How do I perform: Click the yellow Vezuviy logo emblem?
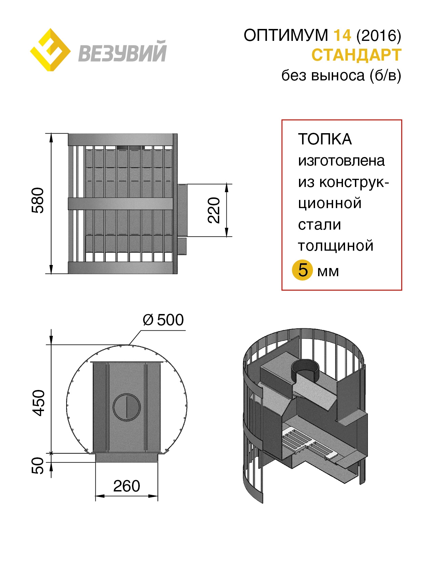click(50, 50)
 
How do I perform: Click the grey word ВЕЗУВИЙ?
click(122, 51)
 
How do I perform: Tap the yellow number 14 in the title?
click(342, 35)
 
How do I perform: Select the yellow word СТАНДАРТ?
click(356, 55)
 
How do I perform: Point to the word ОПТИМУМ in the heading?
click(286, 35)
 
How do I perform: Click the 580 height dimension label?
click(38, 200)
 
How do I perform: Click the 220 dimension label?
click(214, 210)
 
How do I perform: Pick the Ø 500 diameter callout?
click(163, 320)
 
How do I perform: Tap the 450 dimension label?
click(39, 403)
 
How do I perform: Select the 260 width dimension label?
click(126, 486)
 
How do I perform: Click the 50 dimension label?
click(38, 466)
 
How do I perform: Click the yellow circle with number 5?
click(302, 270)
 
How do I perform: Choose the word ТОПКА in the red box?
click(325, 139)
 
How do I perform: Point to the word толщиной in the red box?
click(336, 246)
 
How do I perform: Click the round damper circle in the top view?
click(127, 407)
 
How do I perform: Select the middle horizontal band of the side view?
click(121, 204)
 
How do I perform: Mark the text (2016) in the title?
click(379, 35)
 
